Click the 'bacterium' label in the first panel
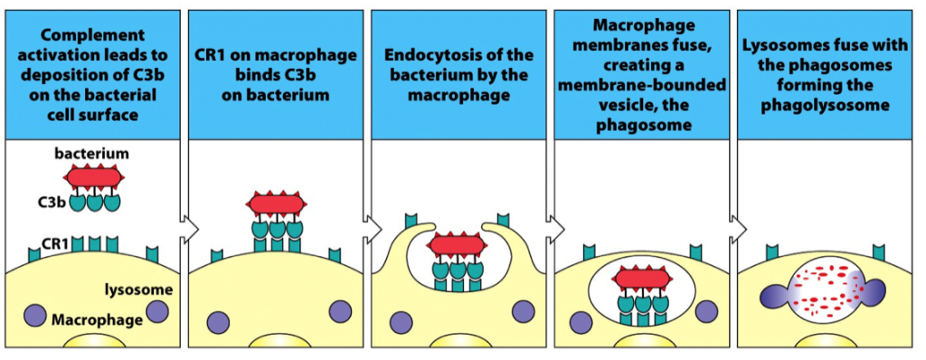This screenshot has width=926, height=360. click(x=91, y=155)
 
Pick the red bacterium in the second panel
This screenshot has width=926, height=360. click(x=274, y=204)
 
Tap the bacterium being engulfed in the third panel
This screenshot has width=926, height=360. click(x=458, y=244)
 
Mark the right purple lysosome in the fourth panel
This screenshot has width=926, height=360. click(x=705, y=311)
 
